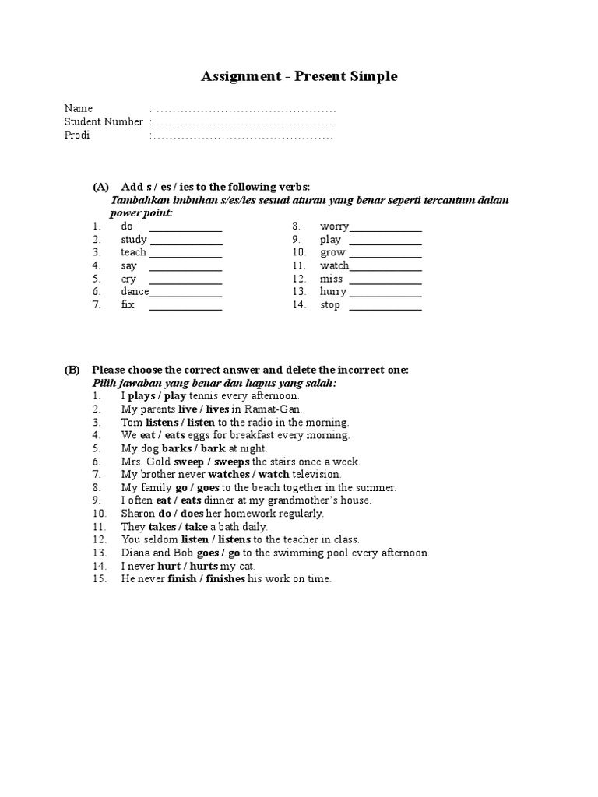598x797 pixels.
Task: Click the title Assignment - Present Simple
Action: pyautogui.click(x=299, y=76)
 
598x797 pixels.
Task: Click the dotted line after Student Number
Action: pyautogui.click(x=244, y=122)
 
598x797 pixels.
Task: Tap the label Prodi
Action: pyautogui.click(x=77, y=135)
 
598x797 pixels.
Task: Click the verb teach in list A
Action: pyautogui.click(x=133, y=252)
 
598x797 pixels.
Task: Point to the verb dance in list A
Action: pyautogui.click(x=135, y=292)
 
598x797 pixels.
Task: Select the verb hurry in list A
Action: pyautogui.click(x=332, y=292)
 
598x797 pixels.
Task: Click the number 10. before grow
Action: pyautogui.click(x=300, y=253)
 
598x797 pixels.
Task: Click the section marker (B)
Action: pyautogui.click(x=72, y=370)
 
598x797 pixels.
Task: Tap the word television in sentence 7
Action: pyautogui.click(x=316, y=474)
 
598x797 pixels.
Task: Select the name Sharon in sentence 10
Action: pyautogui.click(x=138, y=514)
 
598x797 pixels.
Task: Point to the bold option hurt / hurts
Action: pyautogui.click(x=188, y=566)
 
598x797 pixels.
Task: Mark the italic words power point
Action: pyautogui.click(x=141, y=212)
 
